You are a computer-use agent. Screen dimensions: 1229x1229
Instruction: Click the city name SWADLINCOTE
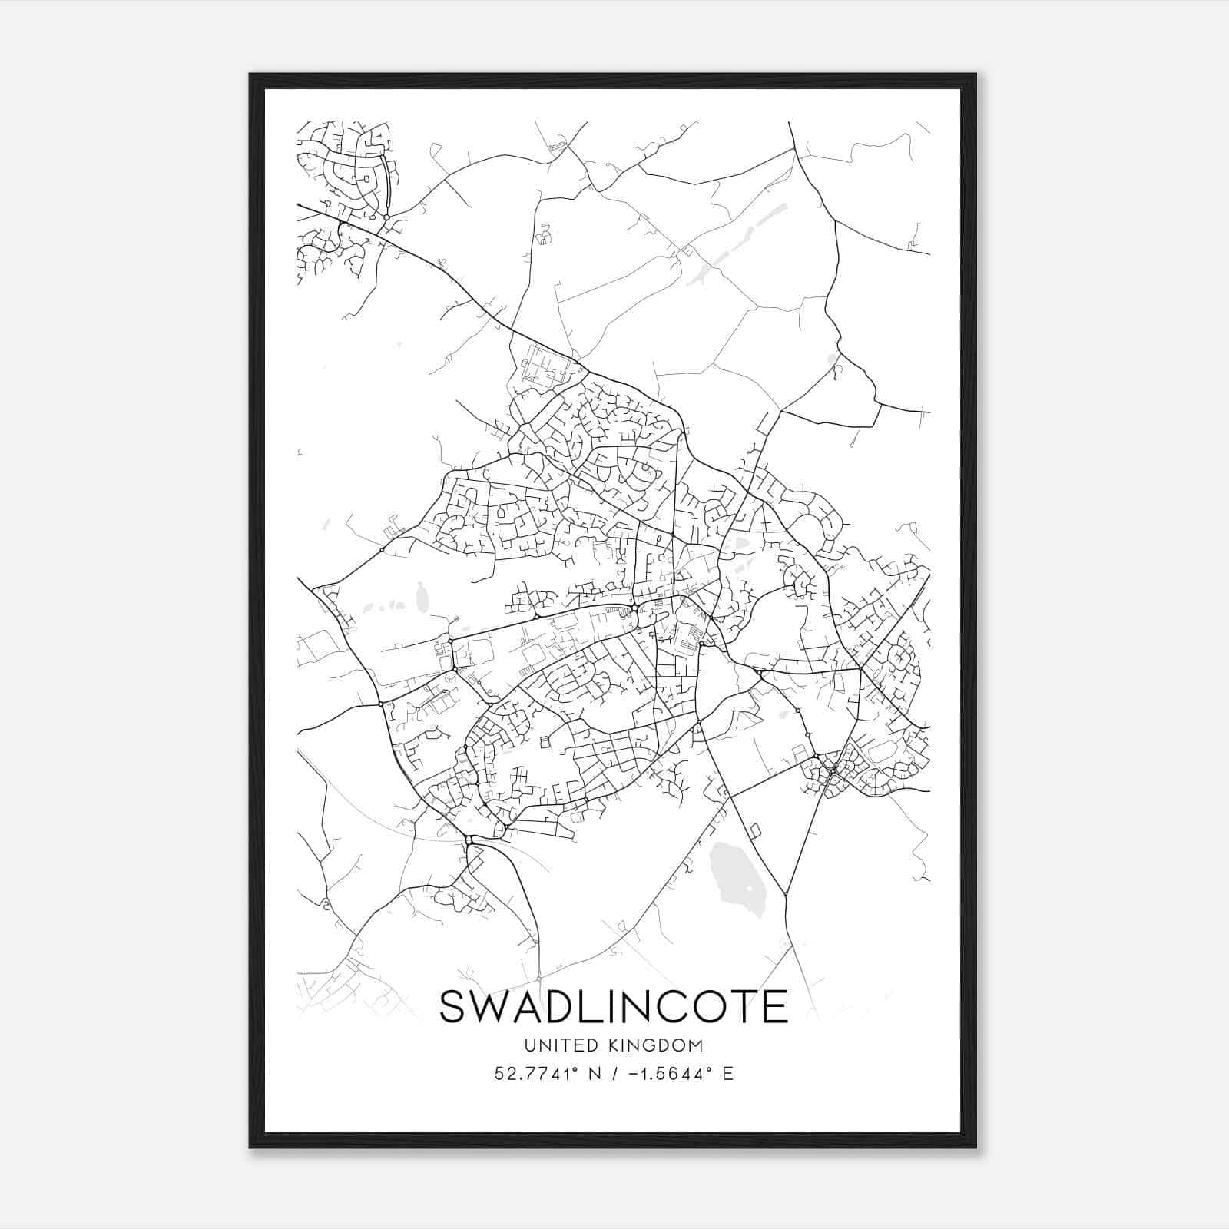pyautogui.click(x=613, y=1007)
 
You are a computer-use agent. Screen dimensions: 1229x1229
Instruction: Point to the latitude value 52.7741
pyautogui.click(x=532, y=1074)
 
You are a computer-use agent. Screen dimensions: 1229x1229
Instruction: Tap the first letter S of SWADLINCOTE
pyautogui.click(x=454, y=1007)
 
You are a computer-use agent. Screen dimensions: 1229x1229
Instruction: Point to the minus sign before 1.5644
pyautogui.click(x=634, y=1074)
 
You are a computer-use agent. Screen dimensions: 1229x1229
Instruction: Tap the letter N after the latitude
pyautogui.click(x=593, y=1074)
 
